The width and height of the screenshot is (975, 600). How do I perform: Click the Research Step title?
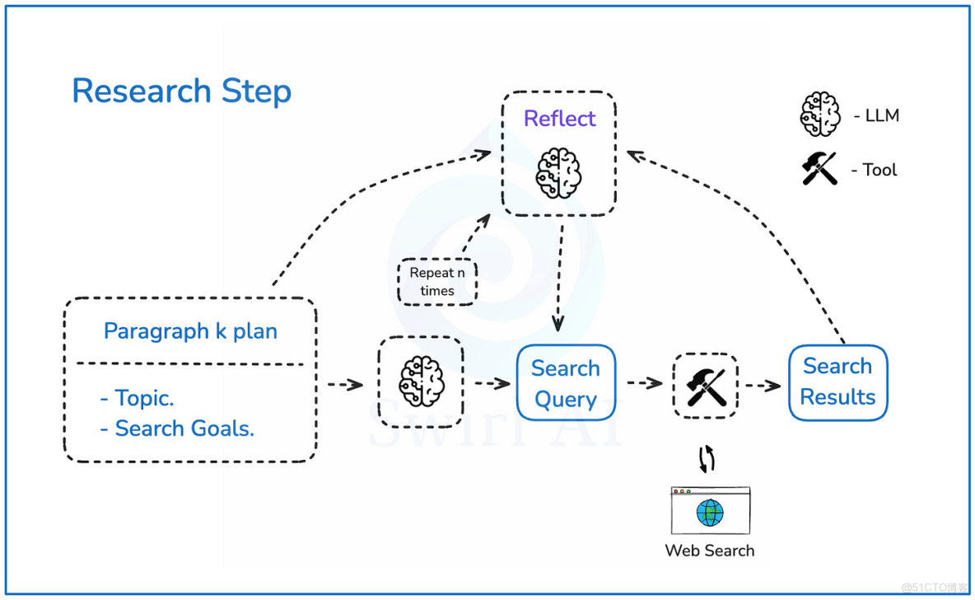tap(181, 91)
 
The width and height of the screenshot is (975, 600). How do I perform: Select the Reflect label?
tap(559, 119)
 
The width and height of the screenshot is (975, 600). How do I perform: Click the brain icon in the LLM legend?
tap(820, 115)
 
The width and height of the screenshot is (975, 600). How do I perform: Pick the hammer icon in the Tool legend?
tap(820, 169)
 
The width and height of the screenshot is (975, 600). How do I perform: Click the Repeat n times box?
tap(436, 282)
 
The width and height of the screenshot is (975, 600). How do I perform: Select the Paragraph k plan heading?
tap(190, 331)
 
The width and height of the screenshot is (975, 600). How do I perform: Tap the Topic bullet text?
tap(137, 398)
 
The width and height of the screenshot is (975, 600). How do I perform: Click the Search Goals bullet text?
tap(177, 429)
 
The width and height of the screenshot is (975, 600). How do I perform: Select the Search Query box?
tap(566, 383)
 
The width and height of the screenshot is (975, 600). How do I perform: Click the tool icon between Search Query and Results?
tap(706, 385)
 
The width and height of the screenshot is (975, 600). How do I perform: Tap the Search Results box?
tap(837, 382)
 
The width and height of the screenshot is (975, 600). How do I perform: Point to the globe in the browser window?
tap(709, 513)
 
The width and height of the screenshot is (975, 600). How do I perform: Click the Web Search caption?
tap(709, 551)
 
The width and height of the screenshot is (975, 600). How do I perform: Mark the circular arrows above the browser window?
tap(707, 460)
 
